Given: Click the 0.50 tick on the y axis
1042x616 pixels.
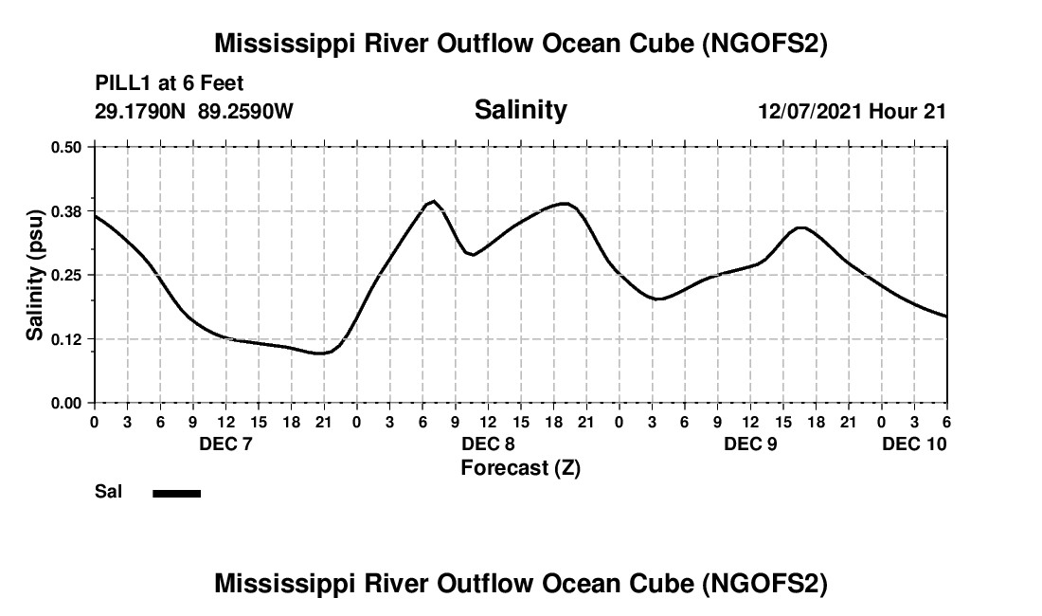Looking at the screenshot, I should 66,147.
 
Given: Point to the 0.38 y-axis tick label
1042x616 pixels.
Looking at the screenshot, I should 66,210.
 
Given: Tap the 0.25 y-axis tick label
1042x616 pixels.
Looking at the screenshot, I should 66,275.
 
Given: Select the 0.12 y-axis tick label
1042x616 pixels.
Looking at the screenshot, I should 66,338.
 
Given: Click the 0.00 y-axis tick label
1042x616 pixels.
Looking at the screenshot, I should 66,403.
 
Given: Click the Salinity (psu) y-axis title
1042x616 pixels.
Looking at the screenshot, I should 35,275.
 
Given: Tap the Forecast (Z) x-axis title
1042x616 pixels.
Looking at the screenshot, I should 520,467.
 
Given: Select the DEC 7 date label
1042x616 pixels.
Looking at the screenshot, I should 225,444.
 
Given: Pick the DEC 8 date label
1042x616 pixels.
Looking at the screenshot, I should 488,444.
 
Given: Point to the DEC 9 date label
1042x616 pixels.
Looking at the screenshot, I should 750,444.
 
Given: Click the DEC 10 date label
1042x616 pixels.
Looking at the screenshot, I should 914,444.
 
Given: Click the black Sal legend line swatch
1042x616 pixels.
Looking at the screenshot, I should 176,493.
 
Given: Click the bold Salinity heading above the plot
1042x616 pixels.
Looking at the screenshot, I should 520,110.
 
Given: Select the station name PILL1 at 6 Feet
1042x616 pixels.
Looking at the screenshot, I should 170,84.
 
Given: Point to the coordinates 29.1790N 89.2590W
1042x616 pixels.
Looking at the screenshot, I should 194,111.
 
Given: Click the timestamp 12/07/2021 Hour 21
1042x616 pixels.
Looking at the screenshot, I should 852,111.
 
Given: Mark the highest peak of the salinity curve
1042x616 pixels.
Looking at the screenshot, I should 434,201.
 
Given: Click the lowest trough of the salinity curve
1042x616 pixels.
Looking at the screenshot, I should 322,353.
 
